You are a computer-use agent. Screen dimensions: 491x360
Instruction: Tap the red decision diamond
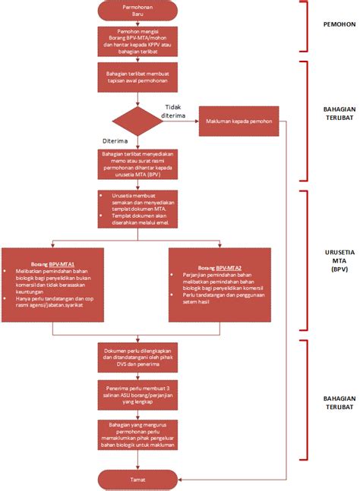click(x=137, y=121)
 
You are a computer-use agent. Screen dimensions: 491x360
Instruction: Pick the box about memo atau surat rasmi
click(x=137, y=163)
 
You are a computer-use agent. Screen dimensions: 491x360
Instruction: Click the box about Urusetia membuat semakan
click(x=137, y=208)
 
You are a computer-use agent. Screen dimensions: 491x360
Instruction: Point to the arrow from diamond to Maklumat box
click(x=180, y=121)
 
